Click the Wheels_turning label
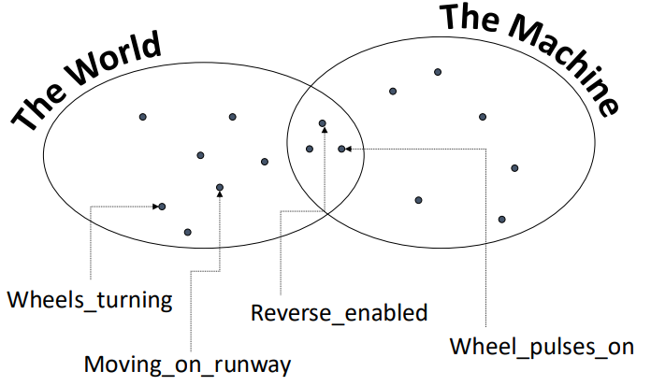90,300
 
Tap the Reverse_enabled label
340,311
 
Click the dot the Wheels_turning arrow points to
162,206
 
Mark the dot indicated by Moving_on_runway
220,187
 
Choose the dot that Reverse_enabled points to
323,123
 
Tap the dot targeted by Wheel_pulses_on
341,149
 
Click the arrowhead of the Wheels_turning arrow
154,206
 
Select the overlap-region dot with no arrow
310,148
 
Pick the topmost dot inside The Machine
437,71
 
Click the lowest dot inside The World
188,231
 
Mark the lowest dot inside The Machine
501,219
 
